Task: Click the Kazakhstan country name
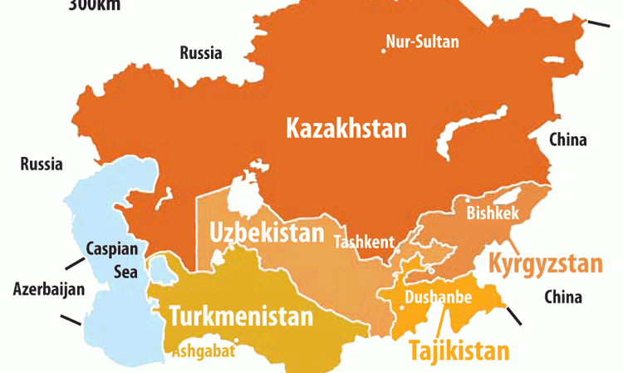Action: [346, 129]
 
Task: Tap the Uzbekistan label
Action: [266, 233]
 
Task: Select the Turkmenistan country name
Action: [242, 317]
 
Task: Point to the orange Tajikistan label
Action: [459, 351]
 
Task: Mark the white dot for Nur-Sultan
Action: [384, 51]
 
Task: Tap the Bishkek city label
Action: [493, 213]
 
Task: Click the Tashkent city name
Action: [364, 243]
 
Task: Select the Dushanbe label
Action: [438, 297]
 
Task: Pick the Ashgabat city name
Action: [204, 351]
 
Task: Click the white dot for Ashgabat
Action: [238, 340]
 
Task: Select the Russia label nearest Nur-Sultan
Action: [201, 54]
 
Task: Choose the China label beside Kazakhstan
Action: [567, 140]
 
